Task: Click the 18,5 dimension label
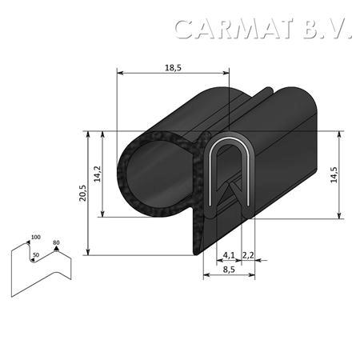pos(173,68)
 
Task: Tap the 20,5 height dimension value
pos(82,193)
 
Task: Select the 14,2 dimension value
pos(98,174)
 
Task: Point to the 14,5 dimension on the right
pos(334,174)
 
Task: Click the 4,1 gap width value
pos(229,255)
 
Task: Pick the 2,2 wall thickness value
pos(248,255)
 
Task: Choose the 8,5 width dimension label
pos(229,270)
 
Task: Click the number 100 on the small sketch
pos(36,237)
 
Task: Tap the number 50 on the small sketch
pos(36,255)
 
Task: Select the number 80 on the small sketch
pos(56,242)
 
